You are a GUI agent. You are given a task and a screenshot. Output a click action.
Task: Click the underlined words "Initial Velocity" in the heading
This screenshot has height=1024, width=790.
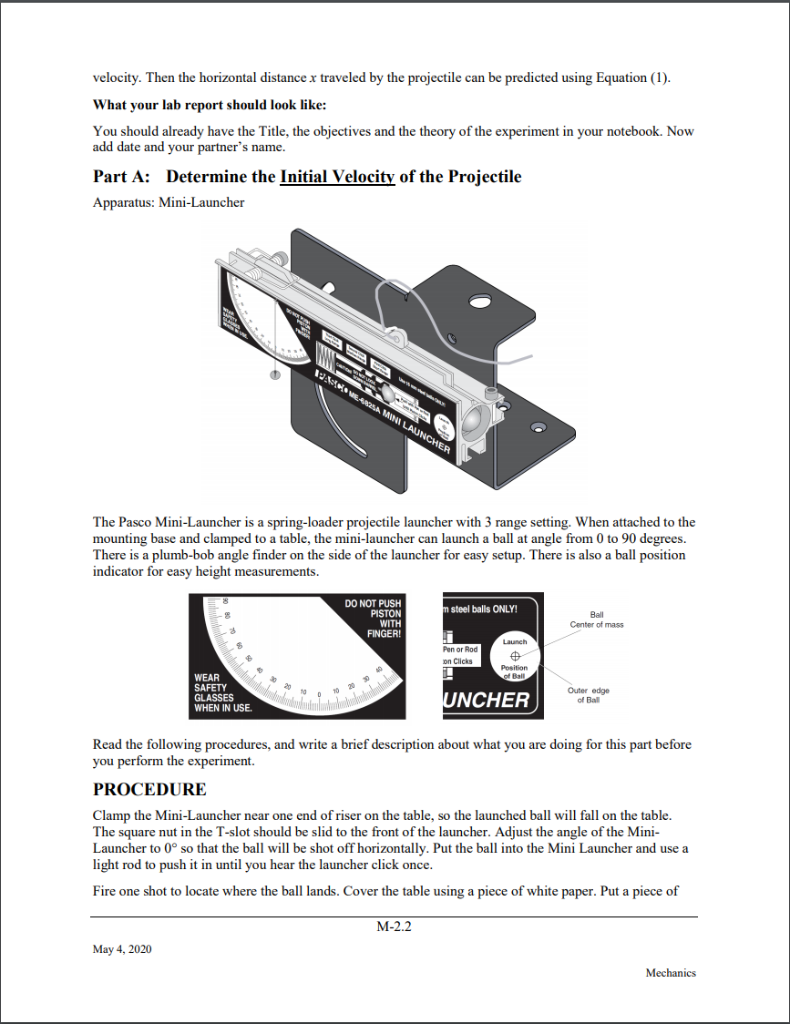click(337, 177)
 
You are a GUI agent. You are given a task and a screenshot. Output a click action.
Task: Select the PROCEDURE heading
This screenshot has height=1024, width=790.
click(149, 789)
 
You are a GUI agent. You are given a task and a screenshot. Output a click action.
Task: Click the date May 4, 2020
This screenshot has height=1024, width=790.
click(122, 949)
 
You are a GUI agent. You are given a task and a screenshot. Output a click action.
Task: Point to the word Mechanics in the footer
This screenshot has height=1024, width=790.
click(671, 973)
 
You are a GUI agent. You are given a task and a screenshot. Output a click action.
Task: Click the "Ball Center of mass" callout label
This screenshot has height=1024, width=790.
click(597, 620)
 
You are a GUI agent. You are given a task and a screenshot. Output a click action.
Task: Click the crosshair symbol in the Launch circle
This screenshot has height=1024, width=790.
click(515, 656)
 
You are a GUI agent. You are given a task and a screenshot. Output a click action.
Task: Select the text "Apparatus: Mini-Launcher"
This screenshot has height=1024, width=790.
click(169, 202)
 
